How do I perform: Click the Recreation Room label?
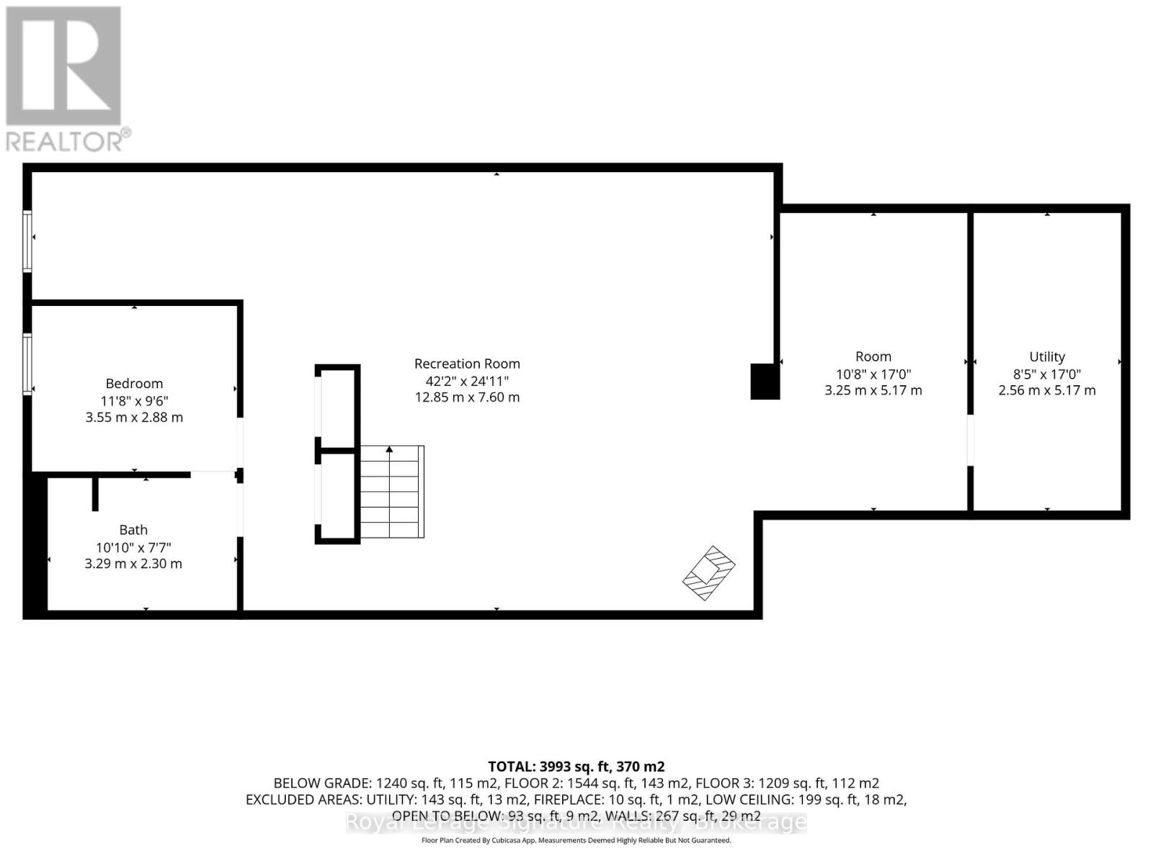click(467, 364)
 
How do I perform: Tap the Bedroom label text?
click(134, 384)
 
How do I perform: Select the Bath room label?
click(133, 530)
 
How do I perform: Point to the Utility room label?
click(1046, 356)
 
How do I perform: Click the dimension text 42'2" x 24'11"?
click(467, 381)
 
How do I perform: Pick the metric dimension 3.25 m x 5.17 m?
click(873, 390)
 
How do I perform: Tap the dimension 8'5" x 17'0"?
click(1046, 374)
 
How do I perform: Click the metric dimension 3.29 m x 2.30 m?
click(133, 564)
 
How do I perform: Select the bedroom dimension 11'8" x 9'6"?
click(134, 401)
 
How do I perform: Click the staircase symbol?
click(391, 492)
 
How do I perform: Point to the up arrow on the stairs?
click(389, 450)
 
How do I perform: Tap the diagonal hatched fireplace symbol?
click(709, 572)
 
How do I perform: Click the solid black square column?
click(765, 382)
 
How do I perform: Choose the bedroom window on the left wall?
click(27, 364)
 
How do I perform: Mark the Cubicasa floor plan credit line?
click(576, 840)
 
